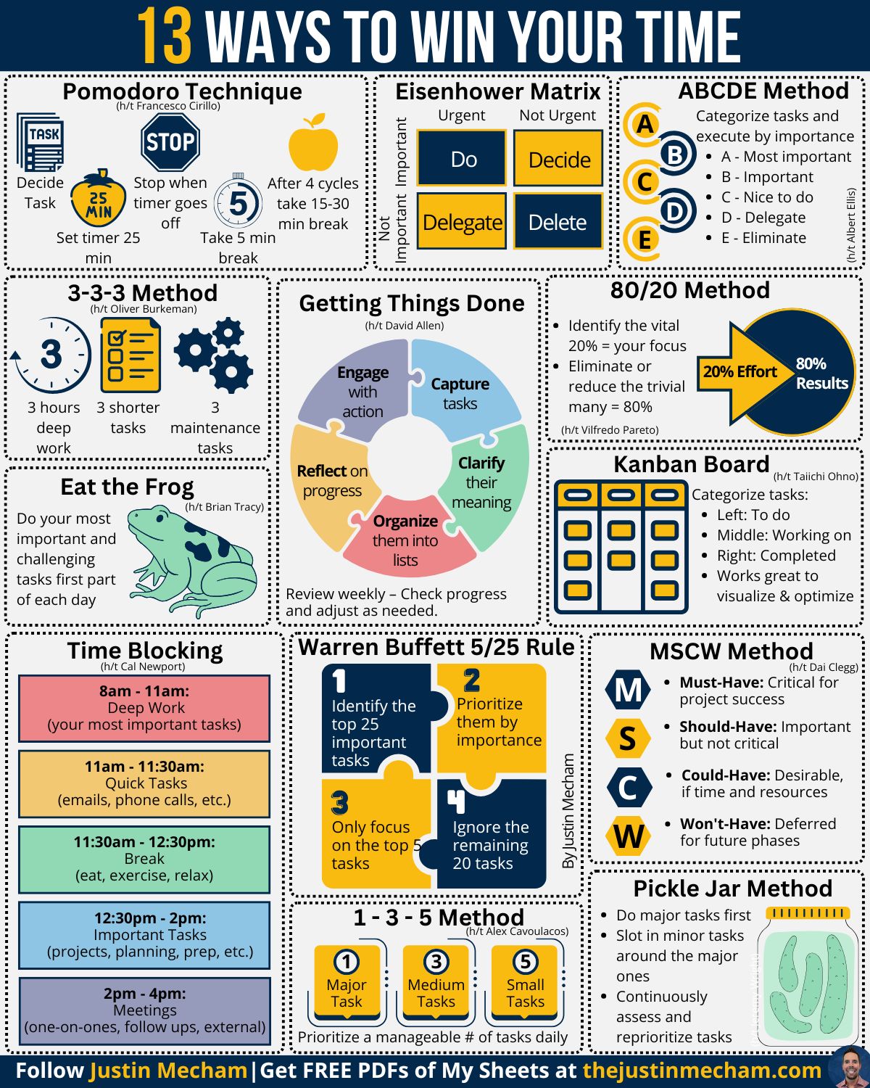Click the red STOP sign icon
[170, 141]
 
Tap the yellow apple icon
[313, 144]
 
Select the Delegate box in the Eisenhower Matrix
[462, 221]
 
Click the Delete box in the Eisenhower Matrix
[558, 221]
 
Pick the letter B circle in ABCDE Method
[675, 154]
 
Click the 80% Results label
[821, 374]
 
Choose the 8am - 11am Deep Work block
[144, 708]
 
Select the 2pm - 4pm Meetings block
[144, 1010]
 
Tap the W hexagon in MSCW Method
[628, 836]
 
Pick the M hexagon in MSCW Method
[628, 690]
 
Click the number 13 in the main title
[165, 36]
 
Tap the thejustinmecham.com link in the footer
[702, 1071]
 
